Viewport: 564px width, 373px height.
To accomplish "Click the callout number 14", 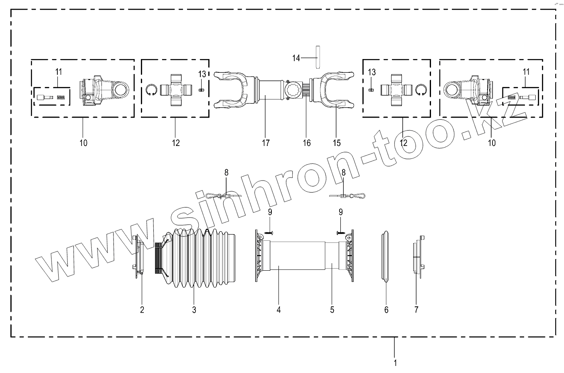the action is [x=296, y=58].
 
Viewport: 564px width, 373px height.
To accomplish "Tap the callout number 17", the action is [x=266, y=143].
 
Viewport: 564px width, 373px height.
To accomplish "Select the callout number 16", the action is [x=307, y=143].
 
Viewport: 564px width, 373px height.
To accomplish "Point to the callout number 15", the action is [x=337, y=143].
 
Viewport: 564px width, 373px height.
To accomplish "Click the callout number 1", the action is [x=395, y=363].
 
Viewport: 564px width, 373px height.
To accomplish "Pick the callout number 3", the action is [x=194, y=310].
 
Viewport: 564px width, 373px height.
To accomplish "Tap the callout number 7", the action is [x=416, y=310].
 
